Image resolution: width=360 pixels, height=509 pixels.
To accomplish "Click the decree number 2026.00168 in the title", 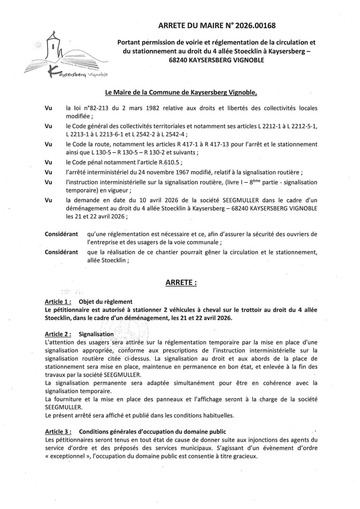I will tap(255, 26).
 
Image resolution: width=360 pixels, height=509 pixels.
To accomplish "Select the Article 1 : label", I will tap(58, 301).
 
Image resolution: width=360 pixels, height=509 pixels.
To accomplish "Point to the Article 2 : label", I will tap(58, 334).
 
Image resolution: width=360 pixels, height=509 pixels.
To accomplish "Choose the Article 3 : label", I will tap(58, 431).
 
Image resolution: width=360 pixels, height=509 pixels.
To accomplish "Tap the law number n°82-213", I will tap(96, 108).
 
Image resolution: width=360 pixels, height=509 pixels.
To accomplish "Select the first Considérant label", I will tap(61, 234).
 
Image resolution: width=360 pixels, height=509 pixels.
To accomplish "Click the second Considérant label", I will tap(61, 252).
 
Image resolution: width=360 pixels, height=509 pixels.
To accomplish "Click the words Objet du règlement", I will tap(105, 301).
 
